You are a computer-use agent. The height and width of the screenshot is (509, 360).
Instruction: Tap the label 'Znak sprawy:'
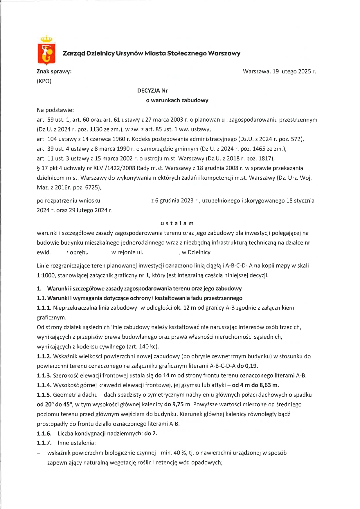click(54, 71)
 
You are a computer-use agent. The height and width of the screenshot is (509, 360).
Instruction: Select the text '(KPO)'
click(44, 81)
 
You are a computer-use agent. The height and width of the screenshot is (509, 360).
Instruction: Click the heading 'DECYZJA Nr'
click(152, 91)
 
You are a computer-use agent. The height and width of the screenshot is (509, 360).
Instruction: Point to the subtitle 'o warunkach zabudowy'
click(177, 100)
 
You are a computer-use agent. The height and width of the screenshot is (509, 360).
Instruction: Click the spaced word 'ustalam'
click(177, 223)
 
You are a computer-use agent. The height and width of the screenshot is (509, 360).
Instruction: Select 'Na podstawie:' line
click(55, 110)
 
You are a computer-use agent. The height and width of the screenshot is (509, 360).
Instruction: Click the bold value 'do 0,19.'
click(247, 366)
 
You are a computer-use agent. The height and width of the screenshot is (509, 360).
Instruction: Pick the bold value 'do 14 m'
click(165, 376)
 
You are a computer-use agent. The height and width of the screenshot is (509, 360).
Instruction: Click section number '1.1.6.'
click(44, 434)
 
